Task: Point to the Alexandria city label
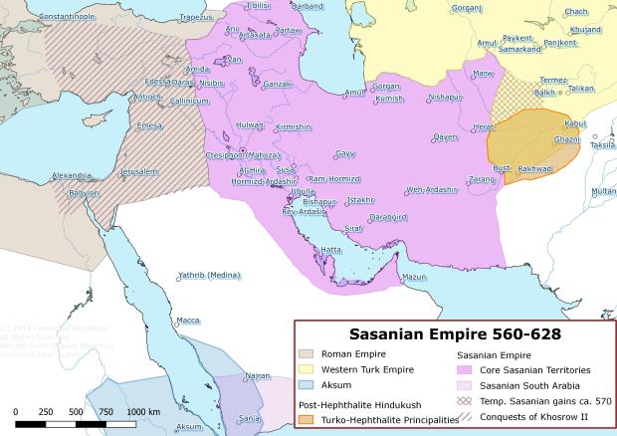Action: pos(73,175)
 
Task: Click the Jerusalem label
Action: pos(139,171)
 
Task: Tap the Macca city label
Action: pos(187,321)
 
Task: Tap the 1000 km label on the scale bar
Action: pos(143,411)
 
